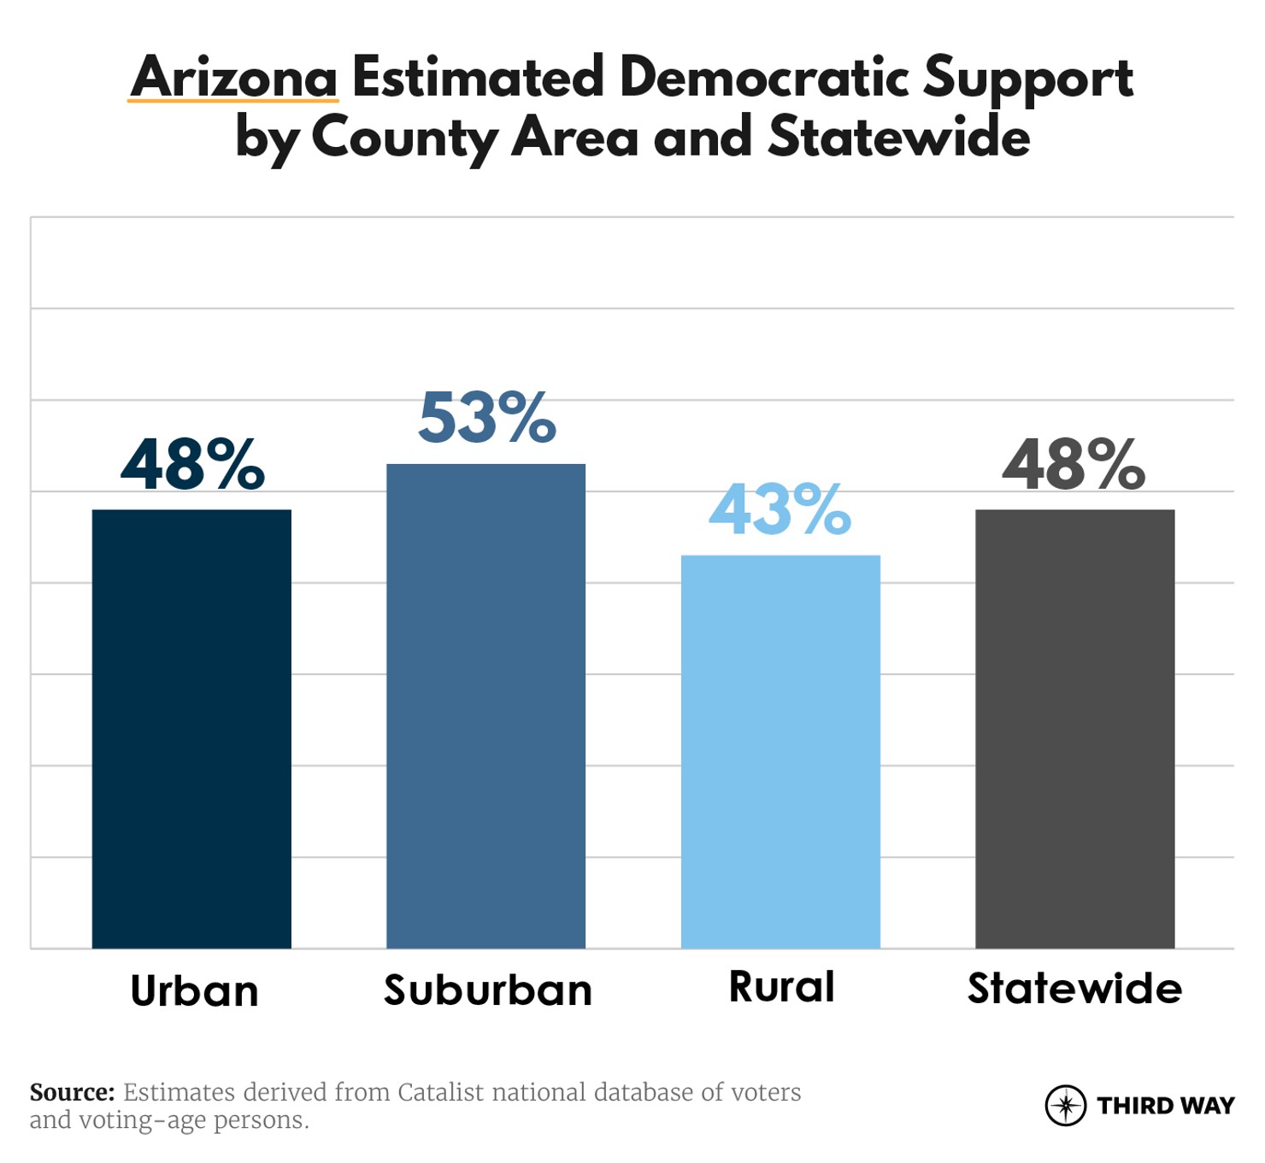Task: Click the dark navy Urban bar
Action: click(191, 728)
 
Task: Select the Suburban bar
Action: click(485, 706)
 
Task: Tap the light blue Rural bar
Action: click(780, 751)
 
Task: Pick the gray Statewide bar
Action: click(1074, 728)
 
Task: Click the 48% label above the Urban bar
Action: click(192, 466)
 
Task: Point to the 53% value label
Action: click(486, 420)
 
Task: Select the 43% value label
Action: click(780, 511)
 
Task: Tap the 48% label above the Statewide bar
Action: click(1074, 466)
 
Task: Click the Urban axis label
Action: click(194, 991)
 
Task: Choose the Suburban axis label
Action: click(487, 990)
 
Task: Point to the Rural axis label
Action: click(781, 987)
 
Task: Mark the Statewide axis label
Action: click(1074, 989)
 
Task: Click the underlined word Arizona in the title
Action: click(234, 78)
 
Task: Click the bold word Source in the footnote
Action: click(72, 1092)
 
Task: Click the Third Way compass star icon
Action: click(1065, 1106)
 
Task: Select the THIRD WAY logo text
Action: click(1166, 1106)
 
